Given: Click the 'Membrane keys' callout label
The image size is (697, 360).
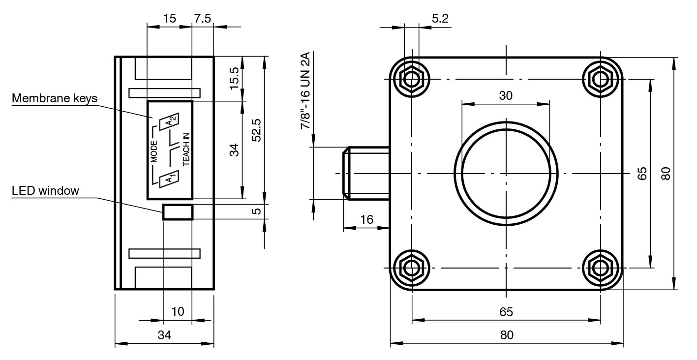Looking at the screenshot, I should [x=55, y=98].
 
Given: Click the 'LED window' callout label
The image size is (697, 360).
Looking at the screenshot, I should [x=45, y=191].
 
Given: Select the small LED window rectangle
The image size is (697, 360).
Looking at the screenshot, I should [x=178, y=212].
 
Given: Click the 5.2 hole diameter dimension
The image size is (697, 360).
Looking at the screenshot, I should [x=440, y=19].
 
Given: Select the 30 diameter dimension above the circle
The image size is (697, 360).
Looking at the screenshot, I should [x=506, y=95].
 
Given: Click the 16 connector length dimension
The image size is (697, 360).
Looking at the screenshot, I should [x=366, y=219].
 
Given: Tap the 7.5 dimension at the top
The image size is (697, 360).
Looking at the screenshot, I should [x=202, y=19].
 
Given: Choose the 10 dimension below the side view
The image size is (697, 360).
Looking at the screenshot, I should [x=178, y=311].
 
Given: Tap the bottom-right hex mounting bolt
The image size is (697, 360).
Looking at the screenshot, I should [x=600, y=268].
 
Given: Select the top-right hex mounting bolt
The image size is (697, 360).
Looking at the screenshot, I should [x=600, y=78].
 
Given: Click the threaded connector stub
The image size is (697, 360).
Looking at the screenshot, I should [x=366, y=173].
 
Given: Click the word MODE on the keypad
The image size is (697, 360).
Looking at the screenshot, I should [x=153, y=151].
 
